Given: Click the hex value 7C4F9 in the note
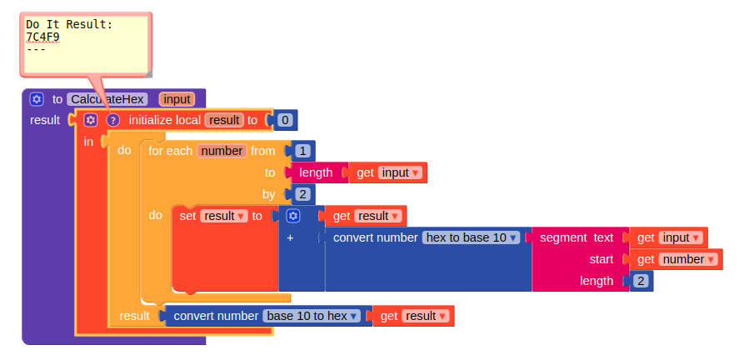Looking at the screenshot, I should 42,37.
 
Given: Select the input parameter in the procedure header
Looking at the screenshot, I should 177,99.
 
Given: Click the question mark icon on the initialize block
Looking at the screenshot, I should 114,120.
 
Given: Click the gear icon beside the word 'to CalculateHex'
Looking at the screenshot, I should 36,99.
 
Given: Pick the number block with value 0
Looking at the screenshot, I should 285,120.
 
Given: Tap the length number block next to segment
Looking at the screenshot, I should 641,281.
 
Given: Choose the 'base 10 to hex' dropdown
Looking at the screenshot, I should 313,316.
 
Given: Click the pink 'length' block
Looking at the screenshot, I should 316,172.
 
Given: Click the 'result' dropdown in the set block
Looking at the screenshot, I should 224,216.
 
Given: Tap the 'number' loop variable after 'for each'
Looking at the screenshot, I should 222,151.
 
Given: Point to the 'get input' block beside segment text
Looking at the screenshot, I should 669,237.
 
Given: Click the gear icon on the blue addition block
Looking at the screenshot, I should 292,216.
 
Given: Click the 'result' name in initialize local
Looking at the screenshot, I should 224,120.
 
